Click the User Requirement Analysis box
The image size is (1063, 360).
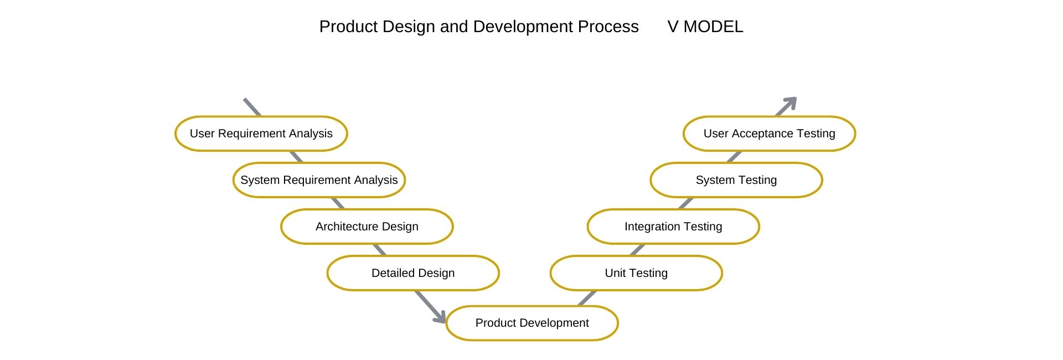261,133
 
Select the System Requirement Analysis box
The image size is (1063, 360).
319,180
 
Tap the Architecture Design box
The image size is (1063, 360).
367,227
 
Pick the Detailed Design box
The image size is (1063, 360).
413,273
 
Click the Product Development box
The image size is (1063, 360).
532,323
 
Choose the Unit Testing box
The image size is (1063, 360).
636,273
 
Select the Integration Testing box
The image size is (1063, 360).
673,227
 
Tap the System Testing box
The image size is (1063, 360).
736,180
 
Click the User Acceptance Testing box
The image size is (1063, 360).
770,133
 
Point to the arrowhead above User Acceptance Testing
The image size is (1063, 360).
791,102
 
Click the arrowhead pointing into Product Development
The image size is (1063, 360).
441,317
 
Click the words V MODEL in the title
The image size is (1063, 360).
705,27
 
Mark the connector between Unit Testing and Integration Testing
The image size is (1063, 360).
638,250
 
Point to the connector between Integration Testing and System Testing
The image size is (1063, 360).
686,203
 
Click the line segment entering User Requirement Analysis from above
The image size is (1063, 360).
252,107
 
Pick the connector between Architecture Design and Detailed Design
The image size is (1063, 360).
379,250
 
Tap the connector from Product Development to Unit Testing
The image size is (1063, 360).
587,298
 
